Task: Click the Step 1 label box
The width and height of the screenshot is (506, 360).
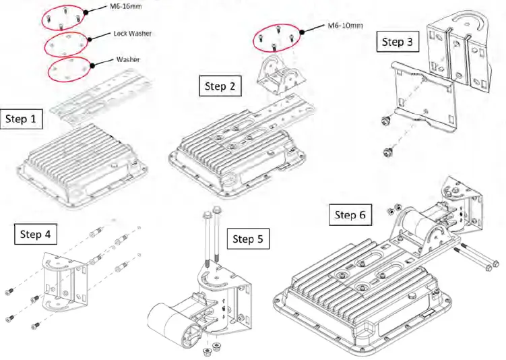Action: coord(22,119)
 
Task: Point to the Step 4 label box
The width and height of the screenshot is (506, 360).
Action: coord(36,234)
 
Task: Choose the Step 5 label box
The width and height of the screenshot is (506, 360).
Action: coord(249,239)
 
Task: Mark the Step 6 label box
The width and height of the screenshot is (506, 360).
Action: coord(350,214)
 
